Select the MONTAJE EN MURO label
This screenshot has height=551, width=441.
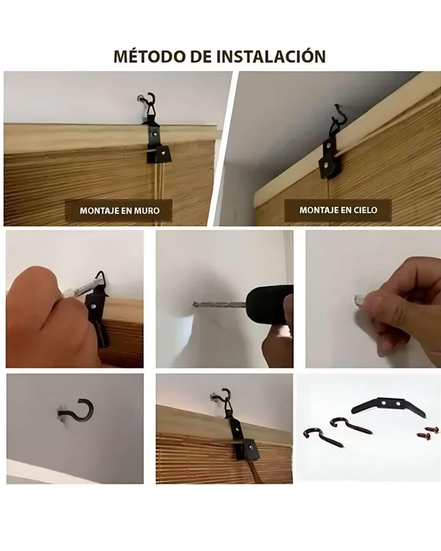(120, 211)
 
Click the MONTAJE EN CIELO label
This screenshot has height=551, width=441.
(338, 210)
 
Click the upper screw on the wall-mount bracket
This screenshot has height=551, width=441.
(153, 134)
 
